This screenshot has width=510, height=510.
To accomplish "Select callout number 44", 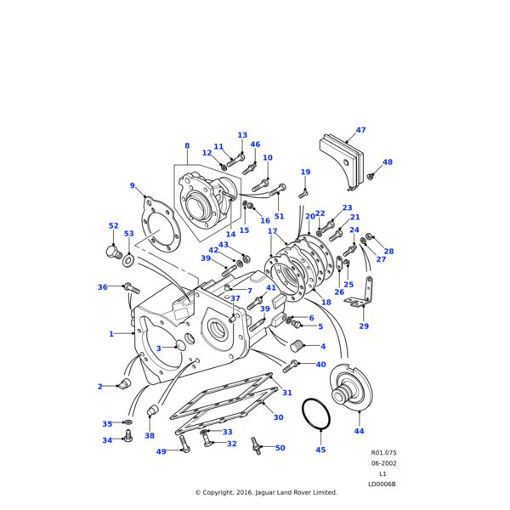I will click(359, 431).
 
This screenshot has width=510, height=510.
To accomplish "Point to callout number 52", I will click(113, 226).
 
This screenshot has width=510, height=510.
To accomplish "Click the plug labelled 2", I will click(124, 385).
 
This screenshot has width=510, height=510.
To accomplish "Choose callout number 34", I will click(107, 440).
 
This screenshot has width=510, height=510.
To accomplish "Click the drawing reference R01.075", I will click(383, 454).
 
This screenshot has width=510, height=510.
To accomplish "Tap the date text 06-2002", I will click(382, 464).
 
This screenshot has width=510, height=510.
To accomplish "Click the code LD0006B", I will click(382, 484).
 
